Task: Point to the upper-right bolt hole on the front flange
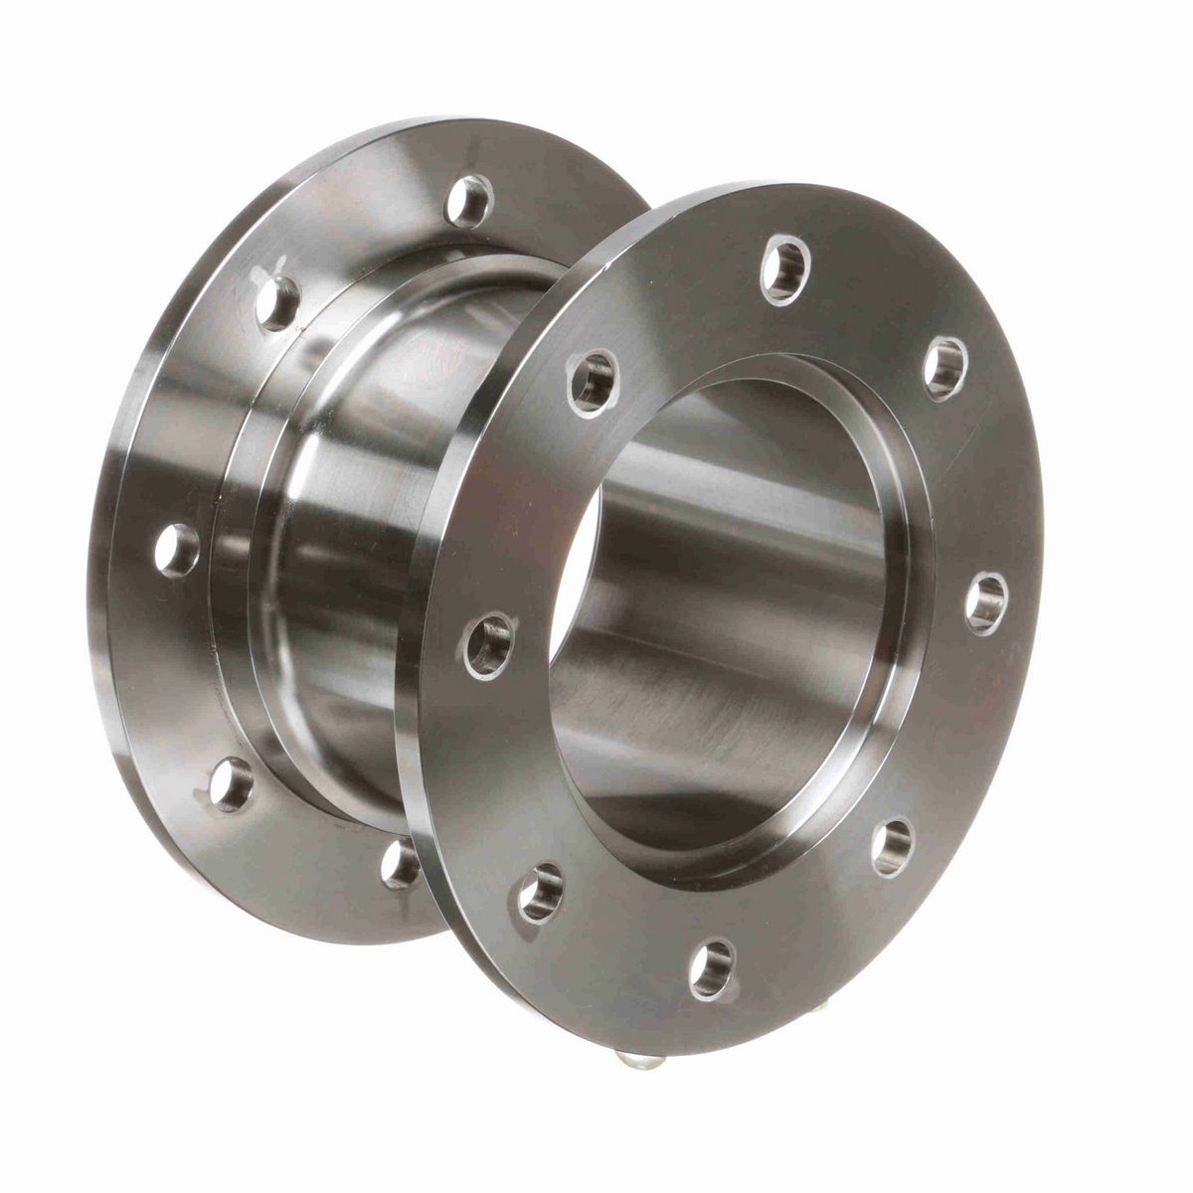943,362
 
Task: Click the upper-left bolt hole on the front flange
593,378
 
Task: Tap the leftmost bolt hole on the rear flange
178,548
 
